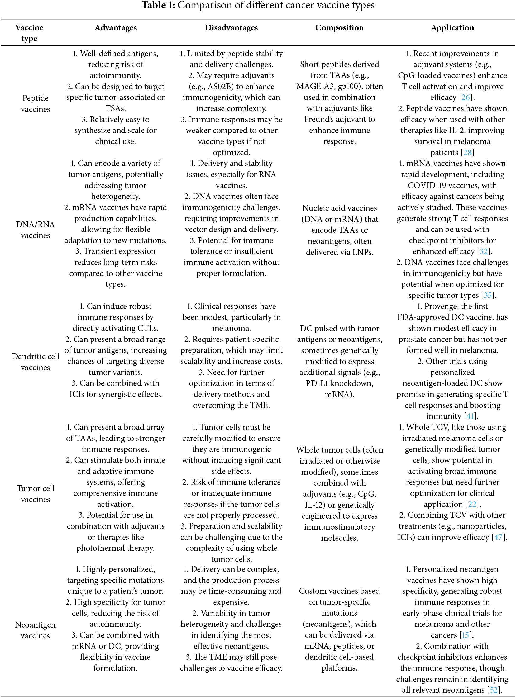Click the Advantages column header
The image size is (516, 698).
116,28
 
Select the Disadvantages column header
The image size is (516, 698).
231,28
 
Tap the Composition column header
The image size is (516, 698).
339,28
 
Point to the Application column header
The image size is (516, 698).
452,28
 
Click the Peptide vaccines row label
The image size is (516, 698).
35,103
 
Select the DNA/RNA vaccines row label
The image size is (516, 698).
35,230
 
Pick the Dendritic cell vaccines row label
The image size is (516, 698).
35,362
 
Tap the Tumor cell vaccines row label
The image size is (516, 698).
35,494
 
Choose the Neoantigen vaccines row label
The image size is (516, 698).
35,630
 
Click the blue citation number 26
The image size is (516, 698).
465,97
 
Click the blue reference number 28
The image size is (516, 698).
467,153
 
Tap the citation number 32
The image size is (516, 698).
483,251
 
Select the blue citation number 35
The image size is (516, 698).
488,295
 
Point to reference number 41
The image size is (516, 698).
470,416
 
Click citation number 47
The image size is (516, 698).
498,537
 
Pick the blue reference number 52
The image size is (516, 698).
494,690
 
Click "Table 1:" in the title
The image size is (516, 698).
158,5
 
